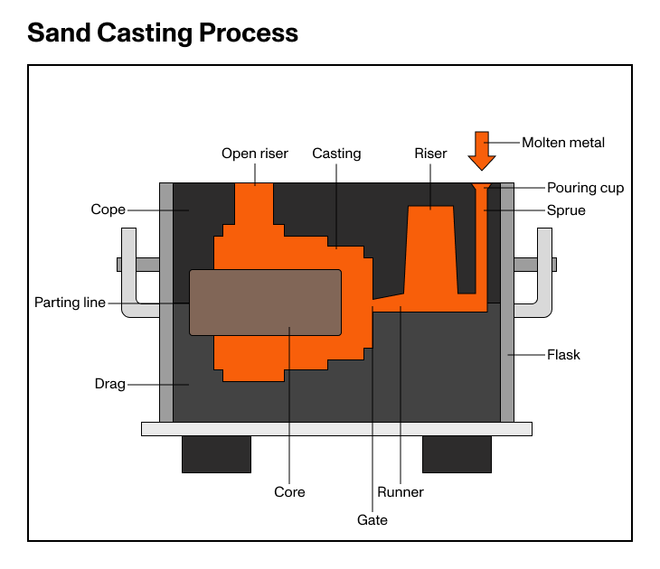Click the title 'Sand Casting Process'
163,33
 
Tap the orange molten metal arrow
482,148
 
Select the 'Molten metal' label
563,142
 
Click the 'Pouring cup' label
585,188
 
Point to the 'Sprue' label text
566,210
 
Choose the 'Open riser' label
255,154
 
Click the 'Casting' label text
336,154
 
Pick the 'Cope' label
108,210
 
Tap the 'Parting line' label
70,303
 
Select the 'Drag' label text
109,384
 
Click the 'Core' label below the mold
289,492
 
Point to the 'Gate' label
372,519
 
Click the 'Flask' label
563,355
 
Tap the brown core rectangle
265,302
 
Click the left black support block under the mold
216,454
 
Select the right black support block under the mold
457,454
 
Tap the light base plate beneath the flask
336,429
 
